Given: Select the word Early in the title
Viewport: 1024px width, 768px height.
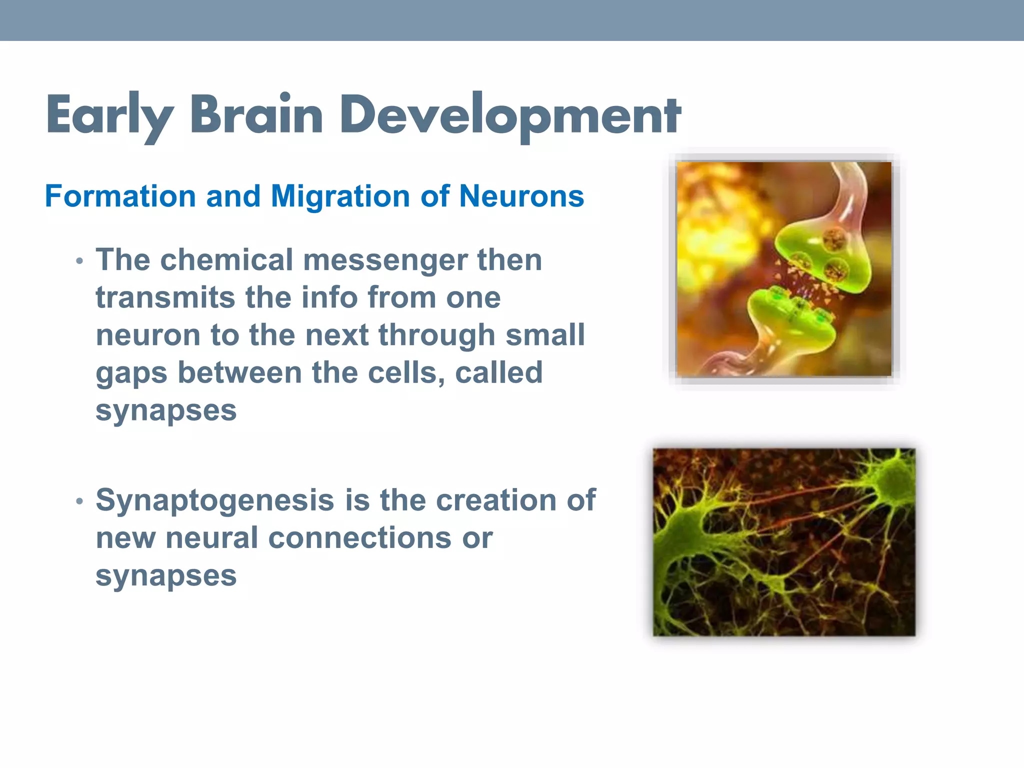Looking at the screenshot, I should point(109,116).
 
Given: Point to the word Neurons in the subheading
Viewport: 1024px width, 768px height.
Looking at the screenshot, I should point(521,196).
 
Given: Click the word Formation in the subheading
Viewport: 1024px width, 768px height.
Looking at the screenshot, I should point(120,196).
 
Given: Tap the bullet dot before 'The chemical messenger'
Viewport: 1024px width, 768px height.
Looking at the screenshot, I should point(79,261).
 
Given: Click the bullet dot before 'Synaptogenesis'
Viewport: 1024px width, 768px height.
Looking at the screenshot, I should point(79,501).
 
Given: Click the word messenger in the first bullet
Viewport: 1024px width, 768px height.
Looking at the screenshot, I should point(385,260).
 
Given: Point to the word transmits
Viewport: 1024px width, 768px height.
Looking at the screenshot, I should point(165,297).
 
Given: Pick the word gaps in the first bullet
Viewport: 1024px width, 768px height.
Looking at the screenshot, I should point(131,373).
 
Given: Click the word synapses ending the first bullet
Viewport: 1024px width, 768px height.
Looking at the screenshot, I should point(166,411).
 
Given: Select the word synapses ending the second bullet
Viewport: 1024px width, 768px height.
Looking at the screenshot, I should point(166,576).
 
